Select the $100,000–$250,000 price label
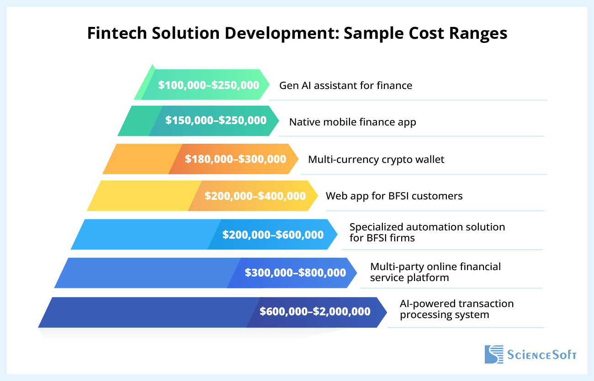point(208,85)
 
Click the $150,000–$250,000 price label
point(216,120)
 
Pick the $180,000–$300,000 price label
point(235,159)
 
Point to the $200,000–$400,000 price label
point(255,196)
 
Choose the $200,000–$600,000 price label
point(273,235)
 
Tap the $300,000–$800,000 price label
point(295,273)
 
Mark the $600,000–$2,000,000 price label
point(315,312)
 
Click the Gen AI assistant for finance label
point(345,85)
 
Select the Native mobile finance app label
point(352,122)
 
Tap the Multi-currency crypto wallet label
point(376,159)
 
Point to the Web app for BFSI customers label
point(394,196)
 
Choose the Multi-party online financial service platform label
point(435,272)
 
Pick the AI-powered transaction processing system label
point(456,309)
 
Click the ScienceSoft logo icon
point(493,355)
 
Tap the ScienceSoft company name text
point(541,355)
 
